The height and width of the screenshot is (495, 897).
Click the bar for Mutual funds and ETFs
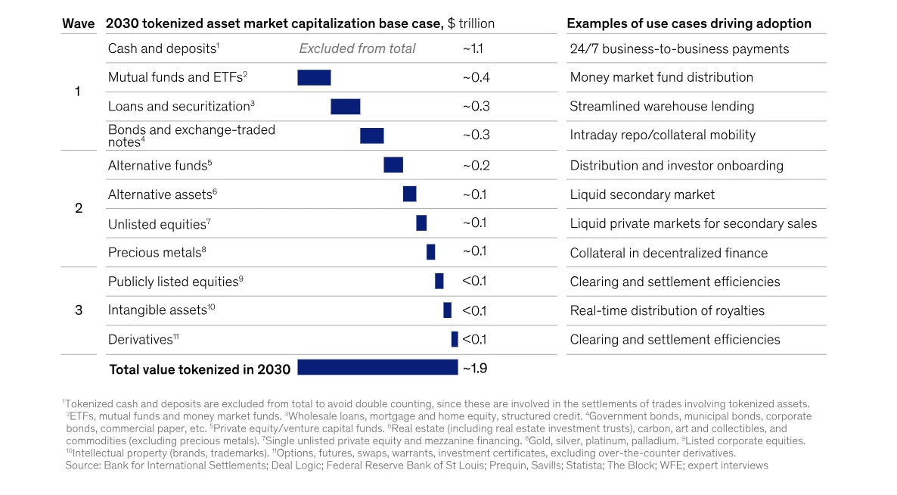314,77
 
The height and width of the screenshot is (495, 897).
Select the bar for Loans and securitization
345,107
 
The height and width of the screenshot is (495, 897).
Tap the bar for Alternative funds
393,165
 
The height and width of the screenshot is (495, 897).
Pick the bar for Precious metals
430,252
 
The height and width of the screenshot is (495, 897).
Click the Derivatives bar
455,339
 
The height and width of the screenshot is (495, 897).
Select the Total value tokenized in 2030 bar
377,368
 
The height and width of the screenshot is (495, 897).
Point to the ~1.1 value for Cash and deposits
473,48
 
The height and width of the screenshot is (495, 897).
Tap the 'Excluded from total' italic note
357,48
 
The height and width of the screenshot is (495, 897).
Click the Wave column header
78,23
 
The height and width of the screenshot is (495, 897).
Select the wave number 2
78,208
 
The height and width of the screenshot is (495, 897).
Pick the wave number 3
78,310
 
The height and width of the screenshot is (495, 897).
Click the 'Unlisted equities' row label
157,224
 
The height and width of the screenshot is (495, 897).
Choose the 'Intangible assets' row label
157,310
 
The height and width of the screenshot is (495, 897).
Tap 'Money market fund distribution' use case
661,77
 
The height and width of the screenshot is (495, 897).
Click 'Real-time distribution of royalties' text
666,310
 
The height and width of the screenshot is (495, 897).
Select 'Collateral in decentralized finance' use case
668,253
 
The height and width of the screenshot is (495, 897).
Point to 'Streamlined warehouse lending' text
661,106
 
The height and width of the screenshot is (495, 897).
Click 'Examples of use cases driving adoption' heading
688,23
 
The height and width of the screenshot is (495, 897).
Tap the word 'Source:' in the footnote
83,465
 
